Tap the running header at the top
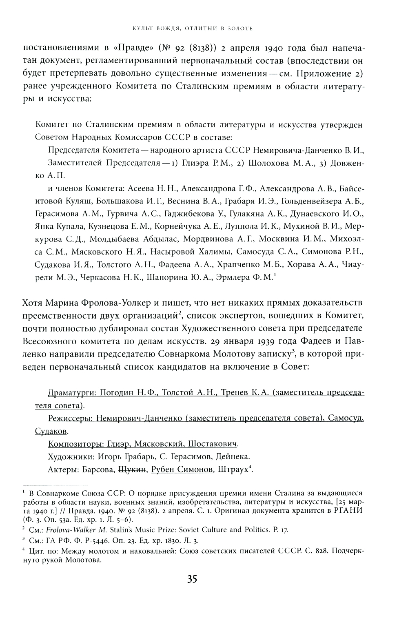tap(191, 29)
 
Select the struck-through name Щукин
tap(132, 469)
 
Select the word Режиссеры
tap(68, 418)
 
